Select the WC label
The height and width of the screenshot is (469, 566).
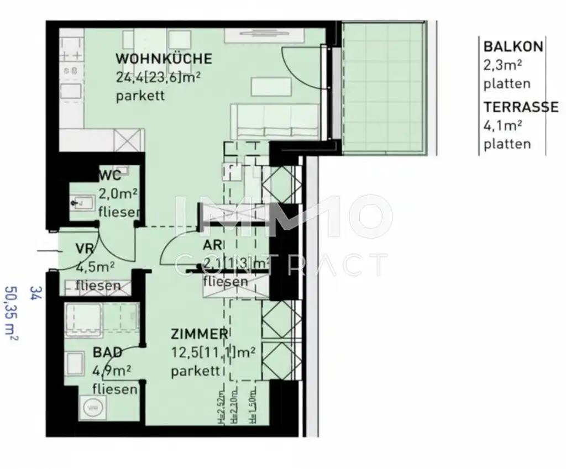coord(109,176)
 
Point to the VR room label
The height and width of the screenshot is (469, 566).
coord(84,249)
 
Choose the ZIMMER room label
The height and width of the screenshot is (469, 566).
coord(199,334)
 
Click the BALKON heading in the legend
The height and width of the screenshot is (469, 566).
coord(513,47)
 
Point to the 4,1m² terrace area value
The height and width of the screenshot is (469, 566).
coord(503,126)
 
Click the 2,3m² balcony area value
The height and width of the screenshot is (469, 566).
coord(503,66)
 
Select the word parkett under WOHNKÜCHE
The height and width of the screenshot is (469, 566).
coord(140,96)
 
